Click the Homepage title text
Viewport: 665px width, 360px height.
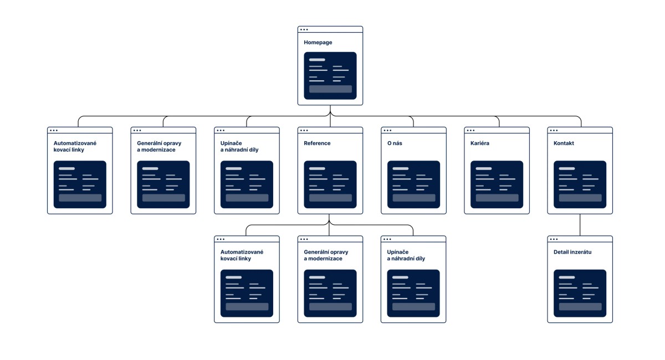tap(318, 43)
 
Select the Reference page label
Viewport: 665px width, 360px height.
tap(317, 143)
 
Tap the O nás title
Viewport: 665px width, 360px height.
tap(395, 143)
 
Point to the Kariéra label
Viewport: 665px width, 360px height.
tap(480, 143)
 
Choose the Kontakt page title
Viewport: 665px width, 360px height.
tap(564, 143)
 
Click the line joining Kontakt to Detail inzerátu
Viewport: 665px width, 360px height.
tap(580, 225)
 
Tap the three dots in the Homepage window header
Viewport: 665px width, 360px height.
tap(304, 30)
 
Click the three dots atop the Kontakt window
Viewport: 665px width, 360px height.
tap(554, 130)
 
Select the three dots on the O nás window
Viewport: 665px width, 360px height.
tap(387, 130)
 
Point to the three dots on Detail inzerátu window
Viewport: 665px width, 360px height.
tap(554, 239)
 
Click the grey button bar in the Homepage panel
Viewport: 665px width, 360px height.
tap(330, 89)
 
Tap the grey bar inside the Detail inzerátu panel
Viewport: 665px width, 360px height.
tap(580, 307)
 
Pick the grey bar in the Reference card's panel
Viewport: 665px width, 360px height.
tap(330, 198)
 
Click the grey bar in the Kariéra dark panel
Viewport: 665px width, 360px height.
tap(497, 198)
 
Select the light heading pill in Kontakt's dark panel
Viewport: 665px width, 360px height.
tap(567, 168)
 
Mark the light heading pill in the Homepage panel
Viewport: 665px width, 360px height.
tap(317, 60)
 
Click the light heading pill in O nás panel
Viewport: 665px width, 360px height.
tap(401, 168)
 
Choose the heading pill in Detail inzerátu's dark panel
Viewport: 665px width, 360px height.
tap(567, 277)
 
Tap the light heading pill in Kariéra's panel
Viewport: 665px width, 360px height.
tap(484, 168)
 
